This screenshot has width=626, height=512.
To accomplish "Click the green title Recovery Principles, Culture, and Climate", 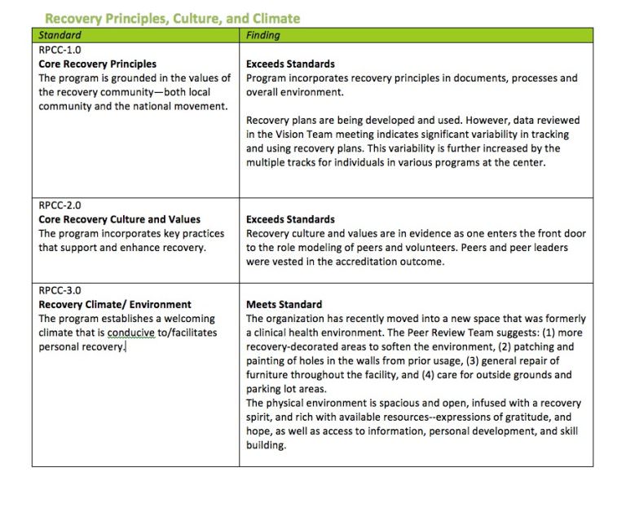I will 172,18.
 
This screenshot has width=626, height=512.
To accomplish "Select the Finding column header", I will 262,35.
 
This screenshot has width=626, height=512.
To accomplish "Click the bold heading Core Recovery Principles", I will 98,64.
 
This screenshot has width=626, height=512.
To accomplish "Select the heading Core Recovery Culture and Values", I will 120,219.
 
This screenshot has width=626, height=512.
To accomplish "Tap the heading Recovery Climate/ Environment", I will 115,304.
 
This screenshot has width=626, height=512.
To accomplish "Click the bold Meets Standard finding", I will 284,304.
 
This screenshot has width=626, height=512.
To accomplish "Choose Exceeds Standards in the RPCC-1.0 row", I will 290,64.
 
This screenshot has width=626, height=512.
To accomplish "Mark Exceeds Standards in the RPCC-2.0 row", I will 290,219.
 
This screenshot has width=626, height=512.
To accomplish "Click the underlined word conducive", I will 133,333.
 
